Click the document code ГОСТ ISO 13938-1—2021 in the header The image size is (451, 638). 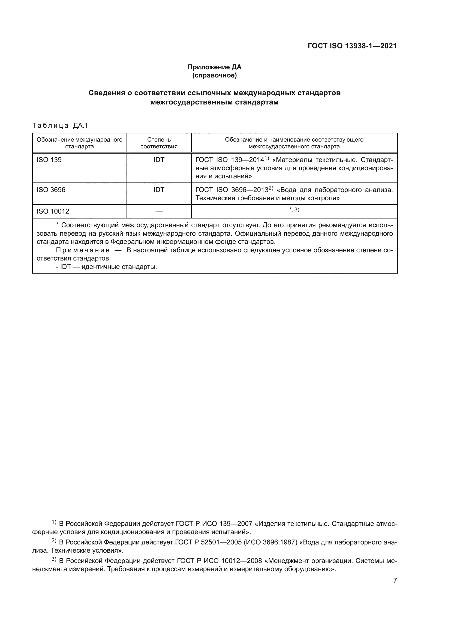click(x=352, y=46)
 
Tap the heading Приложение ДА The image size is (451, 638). click(x=214, y=67)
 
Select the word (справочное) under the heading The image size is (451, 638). click(x=214, y=75)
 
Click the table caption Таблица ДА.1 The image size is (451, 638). click(x=60, y=125)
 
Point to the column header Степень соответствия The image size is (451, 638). click(x=159, y=143)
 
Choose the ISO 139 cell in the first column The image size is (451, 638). click(x=49, y=160)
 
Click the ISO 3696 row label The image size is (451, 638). click(x=51, y=190)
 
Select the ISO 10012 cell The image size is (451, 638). click(x=53, y=211)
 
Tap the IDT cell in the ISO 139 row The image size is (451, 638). click(x=159, y=160)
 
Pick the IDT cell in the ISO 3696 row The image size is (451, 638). click(x=159, y=190)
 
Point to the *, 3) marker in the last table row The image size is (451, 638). click(x=294, y=210)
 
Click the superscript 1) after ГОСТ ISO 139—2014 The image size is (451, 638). click(x=267, y=158)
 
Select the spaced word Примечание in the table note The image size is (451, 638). click(x=83, y=250)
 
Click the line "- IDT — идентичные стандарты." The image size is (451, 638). click(x=106, y=267)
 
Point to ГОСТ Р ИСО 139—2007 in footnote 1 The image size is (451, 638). click(x=214, y=524)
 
